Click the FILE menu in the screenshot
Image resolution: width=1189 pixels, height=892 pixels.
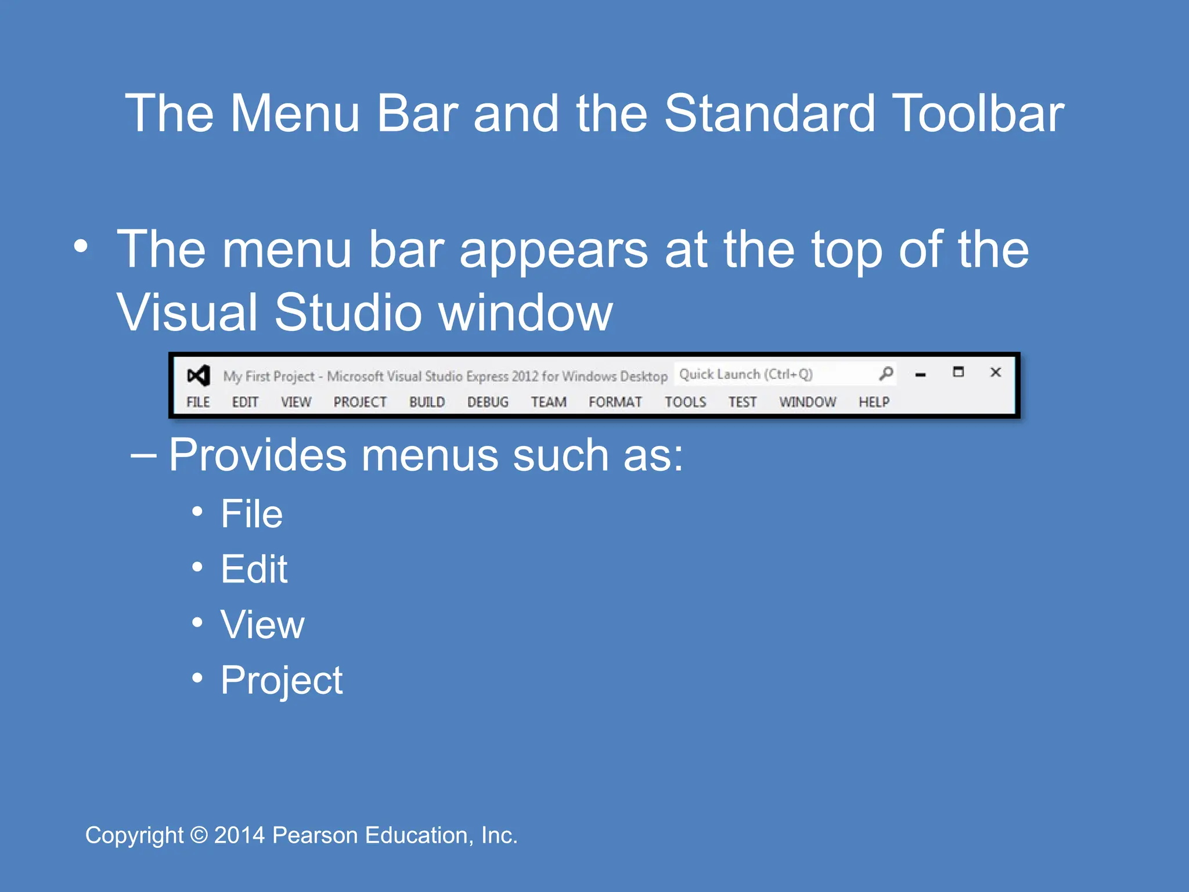(198, 402)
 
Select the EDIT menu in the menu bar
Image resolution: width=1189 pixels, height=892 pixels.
(245, 402)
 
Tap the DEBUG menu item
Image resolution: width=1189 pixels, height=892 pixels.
(488, 402)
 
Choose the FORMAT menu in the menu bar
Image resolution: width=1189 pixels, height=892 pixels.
(615, 402)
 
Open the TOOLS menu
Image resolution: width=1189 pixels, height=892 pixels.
(685, 402)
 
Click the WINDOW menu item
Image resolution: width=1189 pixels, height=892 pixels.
(808, 402)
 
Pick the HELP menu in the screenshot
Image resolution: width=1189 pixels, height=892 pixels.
(874, 402)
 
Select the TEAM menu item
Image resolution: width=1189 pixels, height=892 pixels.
(549, 402)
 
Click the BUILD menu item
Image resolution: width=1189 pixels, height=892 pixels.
(427, 402)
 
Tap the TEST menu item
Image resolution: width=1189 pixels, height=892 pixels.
(743, 402)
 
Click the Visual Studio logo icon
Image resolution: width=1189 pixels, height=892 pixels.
(198, 376)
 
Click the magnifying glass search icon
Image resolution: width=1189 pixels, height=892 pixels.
(886, 373)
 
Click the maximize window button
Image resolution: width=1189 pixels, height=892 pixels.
(959, 372)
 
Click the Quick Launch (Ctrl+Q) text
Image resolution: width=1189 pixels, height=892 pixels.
(746, 374)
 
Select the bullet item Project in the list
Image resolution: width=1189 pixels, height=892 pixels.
(282, 680)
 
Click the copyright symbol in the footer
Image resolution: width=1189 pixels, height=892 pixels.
(199, 836)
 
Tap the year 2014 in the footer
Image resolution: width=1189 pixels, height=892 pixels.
(239, 836)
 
